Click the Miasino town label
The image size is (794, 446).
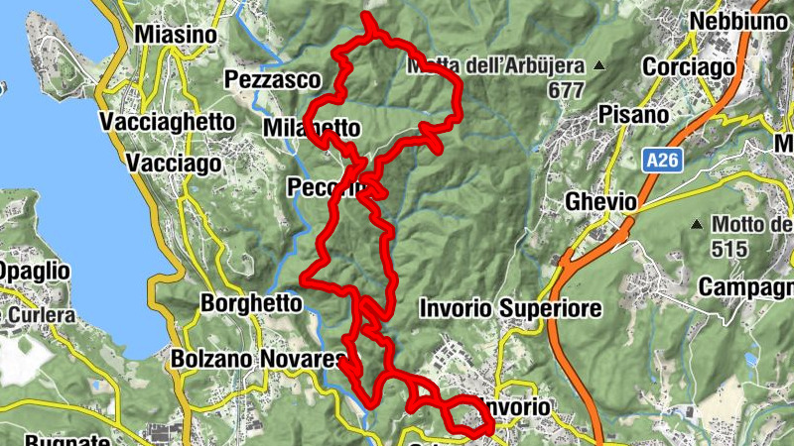pos(175,35)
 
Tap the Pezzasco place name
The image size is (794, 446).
pos(273,79)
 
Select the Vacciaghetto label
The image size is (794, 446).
pos(168,122)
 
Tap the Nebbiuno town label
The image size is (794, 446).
pos(732,23)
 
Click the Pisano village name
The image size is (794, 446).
pos(633,115)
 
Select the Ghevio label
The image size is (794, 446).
pos(600,202)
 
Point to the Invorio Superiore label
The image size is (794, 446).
pos(510,309)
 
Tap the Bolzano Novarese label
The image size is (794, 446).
pos(257,358)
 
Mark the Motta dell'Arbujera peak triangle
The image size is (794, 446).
pos(599,66)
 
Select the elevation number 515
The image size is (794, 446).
pos(728,249)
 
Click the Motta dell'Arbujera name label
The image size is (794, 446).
pos(496,67)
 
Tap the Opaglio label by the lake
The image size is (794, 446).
pos(35,271)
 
